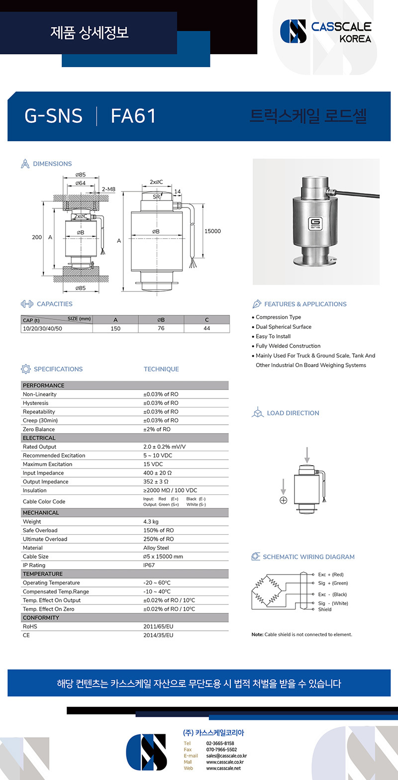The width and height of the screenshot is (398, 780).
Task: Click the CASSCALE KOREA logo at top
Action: click(326, 31)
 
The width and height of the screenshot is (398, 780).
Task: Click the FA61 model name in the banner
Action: click(133, 116)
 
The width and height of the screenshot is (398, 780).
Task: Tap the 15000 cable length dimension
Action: click(212, 231)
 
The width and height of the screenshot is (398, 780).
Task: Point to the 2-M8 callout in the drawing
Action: click(108, 190)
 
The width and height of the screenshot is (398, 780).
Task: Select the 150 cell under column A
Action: click(115, 328)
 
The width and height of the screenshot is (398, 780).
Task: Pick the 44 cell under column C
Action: click(206, 328)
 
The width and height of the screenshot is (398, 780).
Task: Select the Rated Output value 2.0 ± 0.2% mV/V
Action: click(164, 447)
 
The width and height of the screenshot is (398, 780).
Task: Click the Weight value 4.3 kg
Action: click(151, 522)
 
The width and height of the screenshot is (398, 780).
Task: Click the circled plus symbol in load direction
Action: click(283, 500)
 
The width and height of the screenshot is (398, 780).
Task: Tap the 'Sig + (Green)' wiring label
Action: click(333, 583)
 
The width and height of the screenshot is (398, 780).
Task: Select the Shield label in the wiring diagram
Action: click(325, 609)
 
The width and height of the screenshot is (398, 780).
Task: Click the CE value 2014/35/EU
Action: click(158, 635)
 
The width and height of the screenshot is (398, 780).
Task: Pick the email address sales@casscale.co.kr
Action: click(226, 756)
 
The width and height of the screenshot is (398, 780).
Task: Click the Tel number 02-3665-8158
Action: click(220, 743)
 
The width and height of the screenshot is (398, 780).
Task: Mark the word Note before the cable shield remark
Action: click(257, 635)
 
